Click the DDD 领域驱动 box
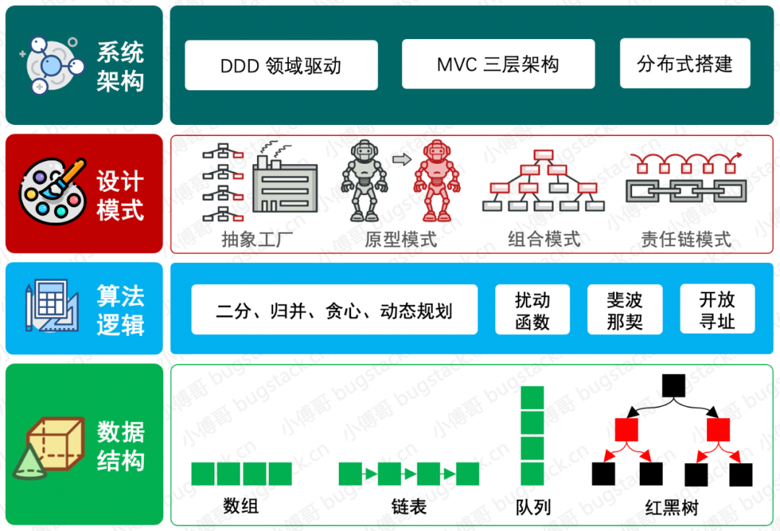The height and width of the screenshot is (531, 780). [281, 65]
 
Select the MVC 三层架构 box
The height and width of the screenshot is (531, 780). [498, 64]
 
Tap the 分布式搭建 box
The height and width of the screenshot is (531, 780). [685, 64]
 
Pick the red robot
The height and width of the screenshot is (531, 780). [436, 181]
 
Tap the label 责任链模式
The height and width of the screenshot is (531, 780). [686, 239]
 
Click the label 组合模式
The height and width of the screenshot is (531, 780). [544, 239]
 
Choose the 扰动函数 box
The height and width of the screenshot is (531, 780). [532, 310]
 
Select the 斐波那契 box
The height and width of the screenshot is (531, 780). [625, 310]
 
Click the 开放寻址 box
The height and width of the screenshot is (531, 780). [716, 309]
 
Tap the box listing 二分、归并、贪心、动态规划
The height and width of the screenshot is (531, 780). [334, 310]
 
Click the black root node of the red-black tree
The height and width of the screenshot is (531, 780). [673, 386]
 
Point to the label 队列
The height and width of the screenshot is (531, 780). [533, 506]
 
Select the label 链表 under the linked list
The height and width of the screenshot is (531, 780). [409, 506]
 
